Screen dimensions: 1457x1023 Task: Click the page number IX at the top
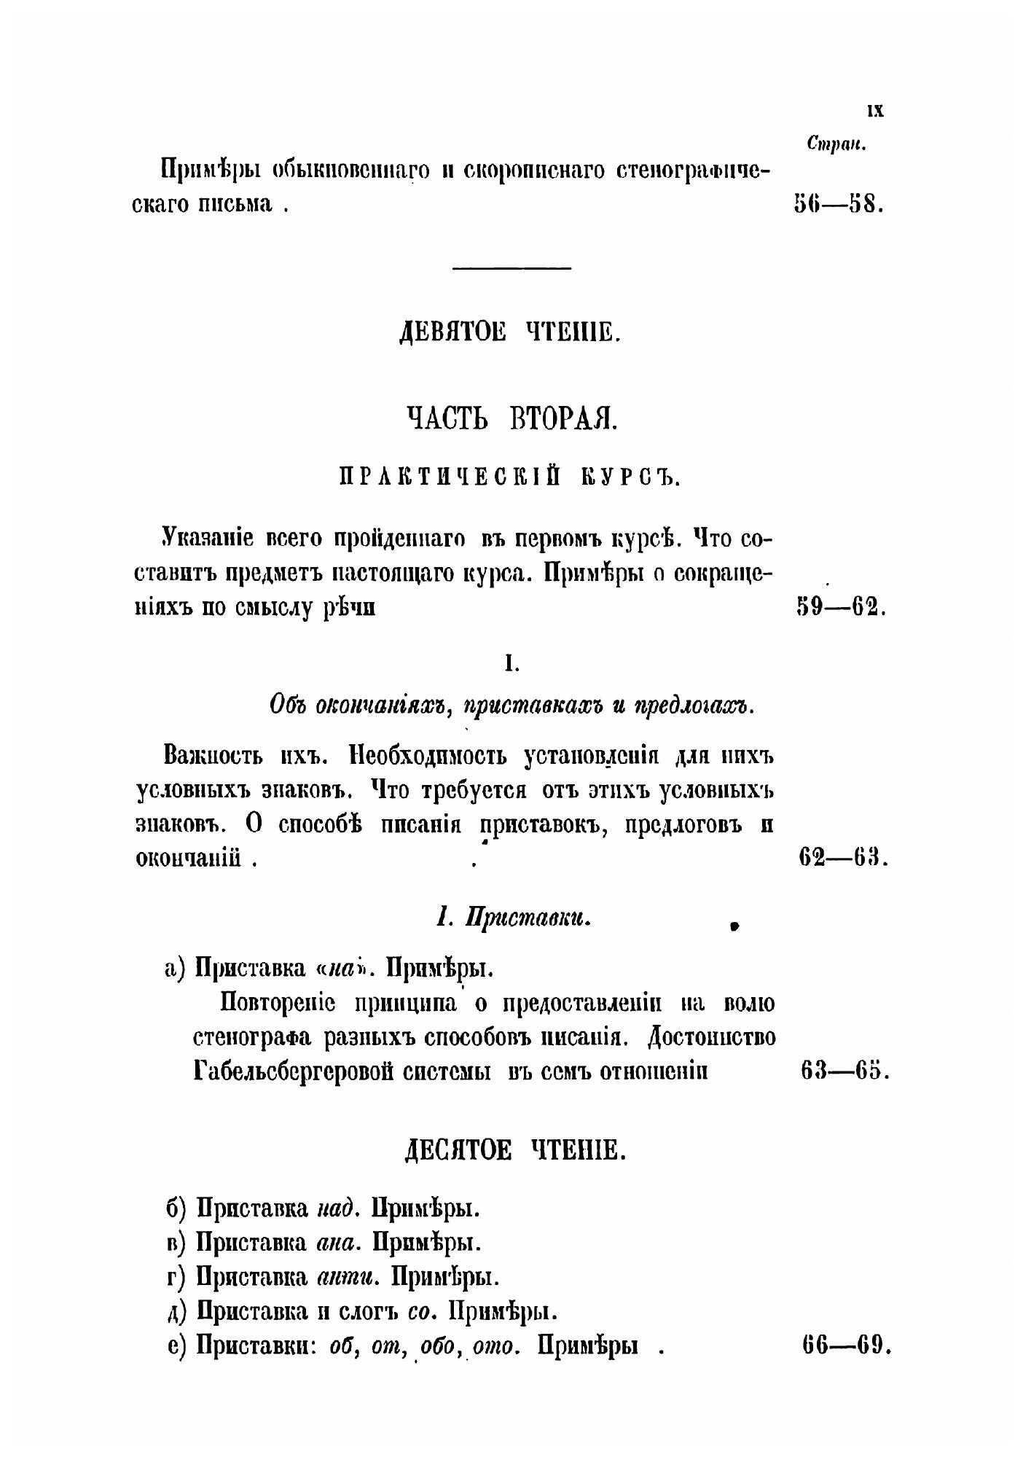pyautogui.click(x=875, y=111)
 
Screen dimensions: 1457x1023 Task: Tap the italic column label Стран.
pyautogui.click(x=836, y=144)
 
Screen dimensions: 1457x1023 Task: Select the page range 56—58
pyautogui.click(x=839, y=203)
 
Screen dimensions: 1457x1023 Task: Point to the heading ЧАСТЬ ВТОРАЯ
pyautogui.click(x=511, y=419)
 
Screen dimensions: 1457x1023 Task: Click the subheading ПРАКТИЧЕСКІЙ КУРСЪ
pyautogui.click(x=510, y=477)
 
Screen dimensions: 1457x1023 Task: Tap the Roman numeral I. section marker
pyautogui.click(x=511, y=664)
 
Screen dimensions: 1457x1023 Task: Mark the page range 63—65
pyautogui.click(x=844, y=1071)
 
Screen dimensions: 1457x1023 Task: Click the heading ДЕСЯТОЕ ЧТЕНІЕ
pyautogui.click(x=515, y=1151)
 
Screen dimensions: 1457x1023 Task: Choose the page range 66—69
pyautogui.click(x=846, y=1345)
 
